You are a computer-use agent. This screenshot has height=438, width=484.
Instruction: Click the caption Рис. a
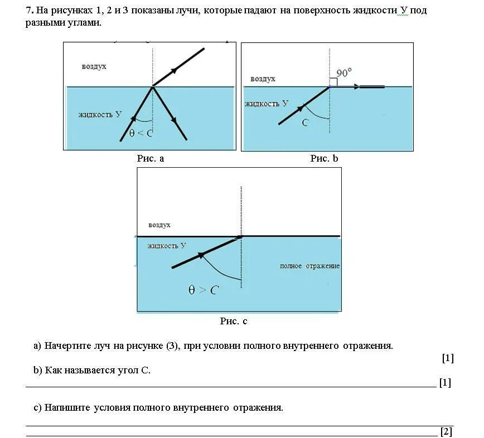(151, 158)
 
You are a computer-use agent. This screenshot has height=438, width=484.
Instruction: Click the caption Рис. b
(324, 158)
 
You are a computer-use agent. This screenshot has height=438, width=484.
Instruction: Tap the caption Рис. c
(234, 321)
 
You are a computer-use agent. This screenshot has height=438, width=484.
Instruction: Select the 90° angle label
(344, 73)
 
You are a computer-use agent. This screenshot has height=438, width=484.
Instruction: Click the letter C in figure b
(305, 123)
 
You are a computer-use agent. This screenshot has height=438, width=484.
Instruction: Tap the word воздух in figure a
(94, 66)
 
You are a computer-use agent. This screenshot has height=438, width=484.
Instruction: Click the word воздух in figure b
(263, 79)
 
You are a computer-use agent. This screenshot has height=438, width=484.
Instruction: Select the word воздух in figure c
(159, 225)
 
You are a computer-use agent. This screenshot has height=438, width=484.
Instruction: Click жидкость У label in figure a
(100, 114)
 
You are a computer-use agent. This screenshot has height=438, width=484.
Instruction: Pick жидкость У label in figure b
(267, 103)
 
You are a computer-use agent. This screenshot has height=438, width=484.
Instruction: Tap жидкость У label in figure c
(167, 245)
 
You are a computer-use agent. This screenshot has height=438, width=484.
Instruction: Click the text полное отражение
(309, 266)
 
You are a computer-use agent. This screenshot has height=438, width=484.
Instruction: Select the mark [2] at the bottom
(446, 431)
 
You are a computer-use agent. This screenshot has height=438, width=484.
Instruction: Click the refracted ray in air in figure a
(178, 67)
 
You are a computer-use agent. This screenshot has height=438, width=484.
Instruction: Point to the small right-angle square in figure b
(333, 81)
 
